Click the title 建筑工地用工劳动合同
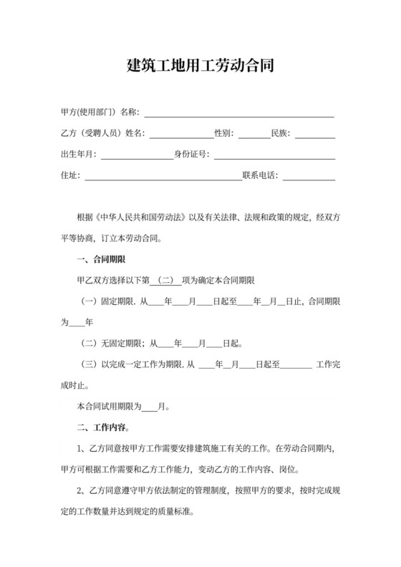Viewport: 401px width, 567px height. point(200,67)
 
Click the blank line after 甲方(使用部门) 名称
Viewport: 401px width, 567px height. point(239,113)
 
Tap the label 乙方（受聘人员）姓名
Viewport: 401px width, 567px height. point(103,134)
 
